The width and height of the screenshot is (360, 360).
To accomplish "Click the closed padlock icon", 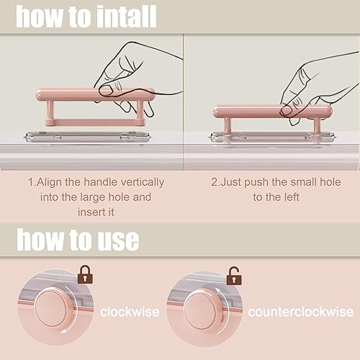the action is [x=85, y=274].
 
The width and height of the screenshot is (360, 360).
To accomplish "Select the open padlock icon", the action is [x=234, y=276].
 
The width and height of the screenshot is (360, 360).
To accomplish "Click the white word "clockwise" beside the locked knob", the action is [x=130, y=312].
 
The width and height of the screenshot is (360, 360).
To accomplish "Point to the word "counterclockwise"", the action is [x=301, y=312].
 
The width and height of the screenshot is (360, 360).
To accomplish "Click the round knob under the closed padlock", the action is [x=54, y=308].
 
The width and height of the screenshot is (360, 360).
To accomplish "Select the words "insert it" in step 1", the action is [x=96, y=212].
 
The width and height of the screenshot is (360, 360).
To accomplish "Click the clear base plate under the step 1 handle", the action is [x=87, y=138].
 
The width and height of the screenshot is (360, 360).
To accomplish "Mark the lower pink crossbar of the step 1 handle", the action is [x=96, y=122].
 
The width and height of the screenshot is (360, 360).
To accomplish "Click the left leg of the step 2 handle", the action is [x=228, y=125].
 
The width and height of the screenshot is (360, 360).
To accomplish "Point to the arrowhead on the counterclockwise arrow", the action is [x=218, y=291].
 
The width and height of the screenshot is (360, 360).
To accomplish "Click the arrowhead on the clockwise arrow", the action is [x=63, y=332].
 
